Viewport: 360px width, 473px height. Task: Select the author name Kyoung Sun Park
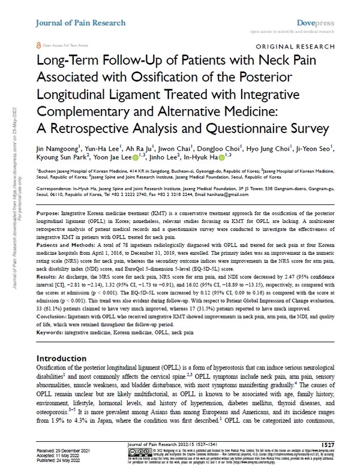click(58, 158)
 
